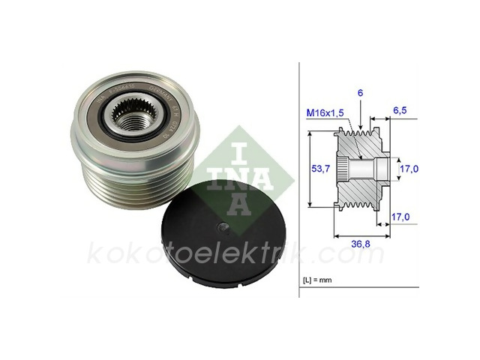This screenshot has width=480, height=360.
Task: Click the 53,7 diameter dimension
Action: pyautogui.click(x=321, y=169)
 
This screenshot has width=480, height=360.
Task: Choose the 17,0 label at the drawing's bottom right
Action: pyautogui.click(x=400, y=218)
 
